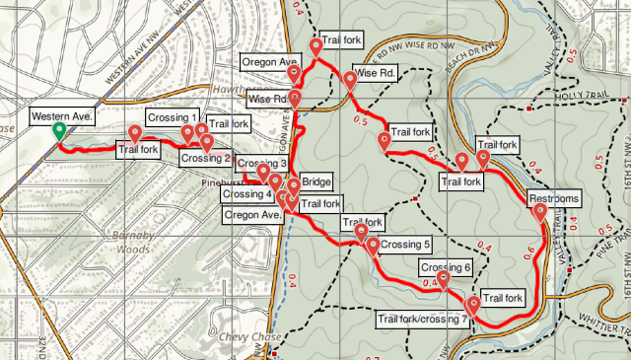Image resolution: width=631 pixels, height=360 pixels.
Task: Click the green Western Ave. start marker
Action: tap(59, 131)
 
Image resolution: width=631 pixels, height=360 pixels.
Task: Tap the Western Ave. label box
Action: tap(61, 117)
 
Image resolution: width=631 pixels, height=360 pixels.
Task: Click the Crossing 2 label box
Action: tap(205, 159)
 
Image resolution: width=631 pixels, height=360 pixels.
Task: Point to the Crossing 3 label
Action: tap(261, 164)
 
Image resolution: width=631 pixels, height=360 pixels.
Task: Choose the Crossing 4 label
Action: tap(247, 193)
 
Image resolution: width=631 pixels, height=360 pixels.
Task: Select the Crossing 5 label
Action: tap(405, 245)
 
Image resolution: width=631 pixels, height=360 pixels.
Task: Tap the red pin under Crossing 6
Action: tap(444, 281)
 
